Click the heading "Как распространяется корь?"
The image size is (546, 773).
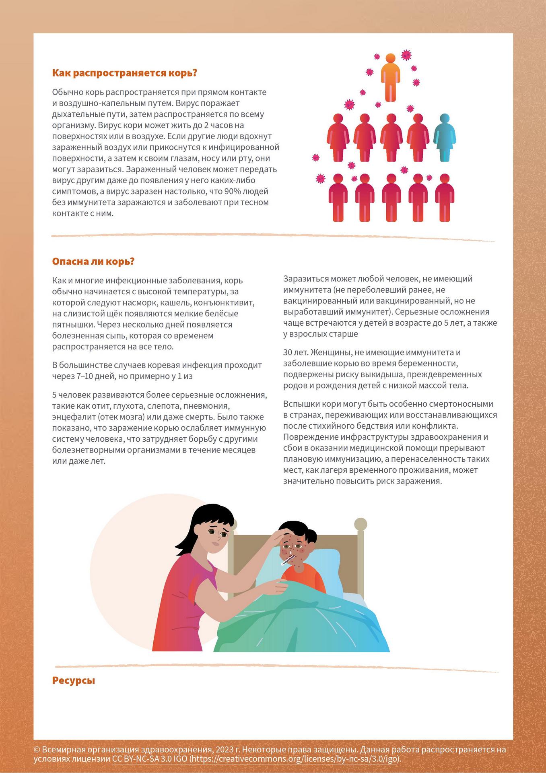[x=124, y=73]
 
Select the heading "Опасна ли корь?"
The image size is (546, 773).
[x=93, y=262]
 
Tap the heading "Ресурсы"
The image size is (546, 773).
[x=74, y=681]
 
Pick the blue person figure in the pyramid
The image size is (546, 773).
[x=445, y=137]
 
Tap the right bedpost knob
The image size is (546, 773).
[x=361, y=524]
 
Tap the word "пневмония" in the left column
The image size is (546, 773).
[x=203, y=406]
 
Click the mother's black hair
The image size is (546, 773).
[x=205, y=519]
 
